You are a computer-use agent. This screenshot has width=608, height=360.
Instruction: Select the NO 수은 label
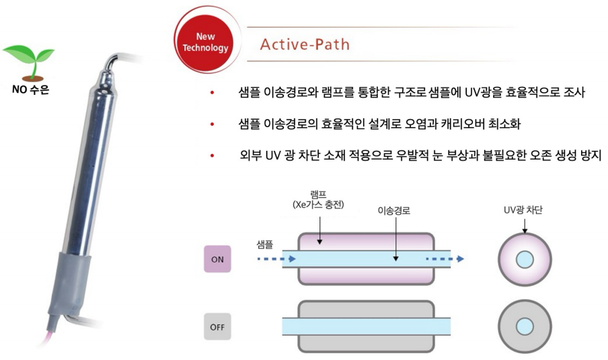pyautogui.click(x=30, y=88)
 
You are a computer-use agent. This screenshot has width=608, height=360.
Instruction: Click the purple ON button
pyautogui.click(x=217, y=259)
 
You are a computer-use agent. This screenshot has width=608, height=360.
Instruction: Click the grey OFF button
pyautogui.click(x=217, y=328)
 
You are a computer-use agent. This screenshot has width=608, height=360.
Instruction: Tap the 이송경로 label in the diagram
pyautogui.click(x=394, y=211)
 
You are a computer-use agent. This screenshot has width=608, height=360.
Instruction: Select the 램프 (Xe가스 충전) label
pyautogui.click(x=318, y=200)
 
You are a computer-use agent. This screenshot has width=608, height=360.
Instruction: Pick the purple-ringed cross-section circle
pyautogui.click(x=524, y=259)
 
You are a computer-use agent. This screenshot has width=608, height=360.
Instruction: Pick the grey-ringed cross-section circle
pyautogui.click(x=524, y=327)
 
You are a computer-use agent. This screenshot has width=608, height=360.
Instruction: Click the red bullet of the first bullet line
pyautogui.click(x=213, y=93)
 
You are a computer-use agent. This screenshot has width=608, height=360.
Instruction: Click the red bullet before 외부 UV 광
pyautogui.click(x=213, y=156)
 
